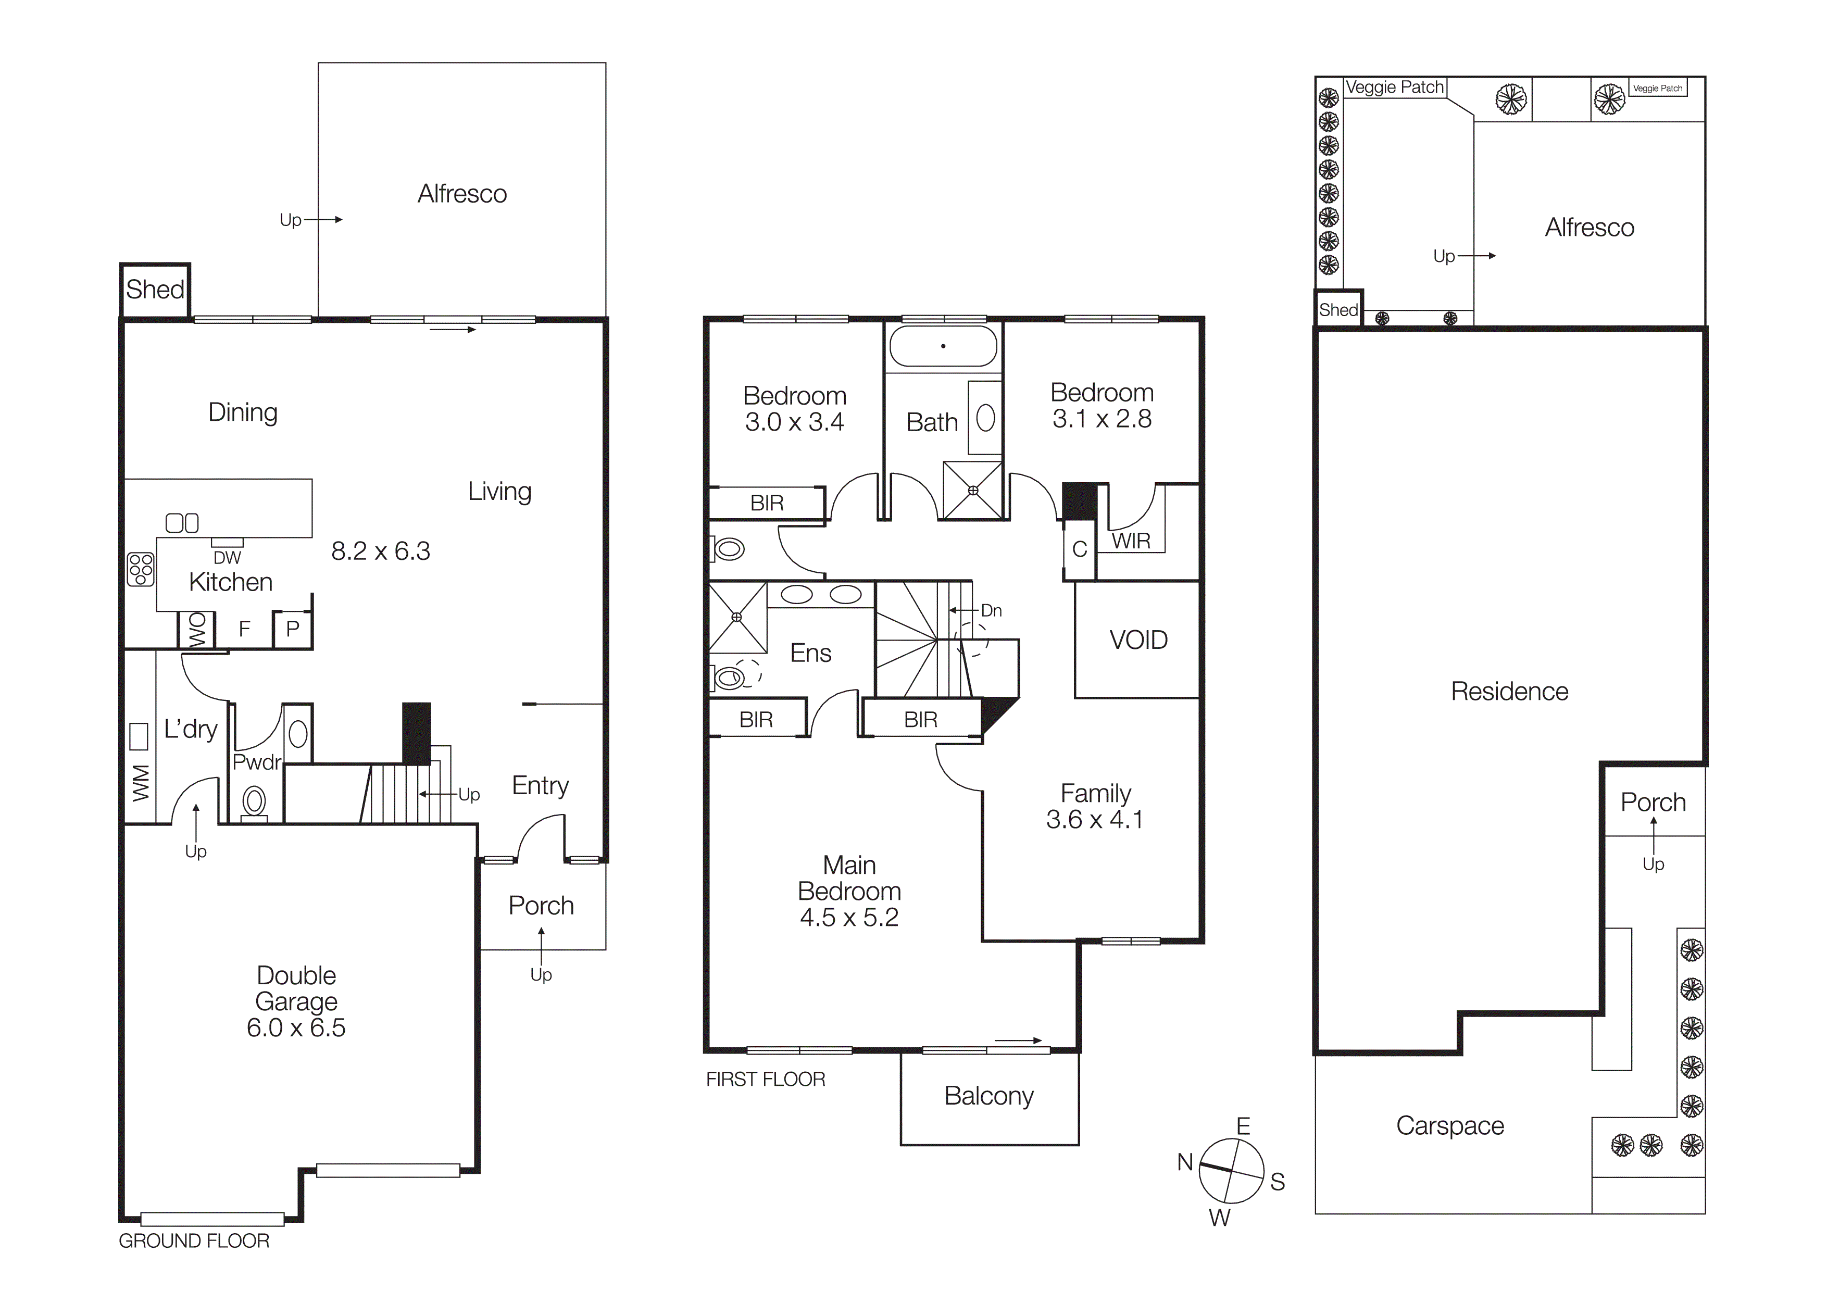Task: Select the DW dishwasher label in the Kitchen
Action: [x=227, y=558]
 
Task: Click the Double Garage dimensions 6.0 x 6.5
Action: [x=296, y=1027]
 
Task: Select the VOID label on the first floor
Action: [x=1138, y=641]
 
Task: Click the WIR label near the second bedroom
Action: [x=1131, y=541]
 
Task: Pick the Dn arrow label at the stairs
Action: [x=991, y=611]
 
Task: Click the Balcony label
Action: [x=988, y=1096]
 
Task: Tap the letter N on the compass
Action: [x=1185, y=1162]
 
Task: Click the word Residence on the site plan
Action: [x=1509, y=691]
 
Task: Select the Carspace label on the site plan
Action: [x=1450, y=1125]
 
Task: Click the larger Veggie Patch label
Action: [x=1394, y=87]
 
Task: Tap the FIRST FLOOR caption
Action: [x=766, y=1080]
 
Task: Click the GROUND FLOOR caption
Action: [x=194, y=1241]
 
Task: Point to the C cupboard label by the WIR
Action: [x=1080, y=549]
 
